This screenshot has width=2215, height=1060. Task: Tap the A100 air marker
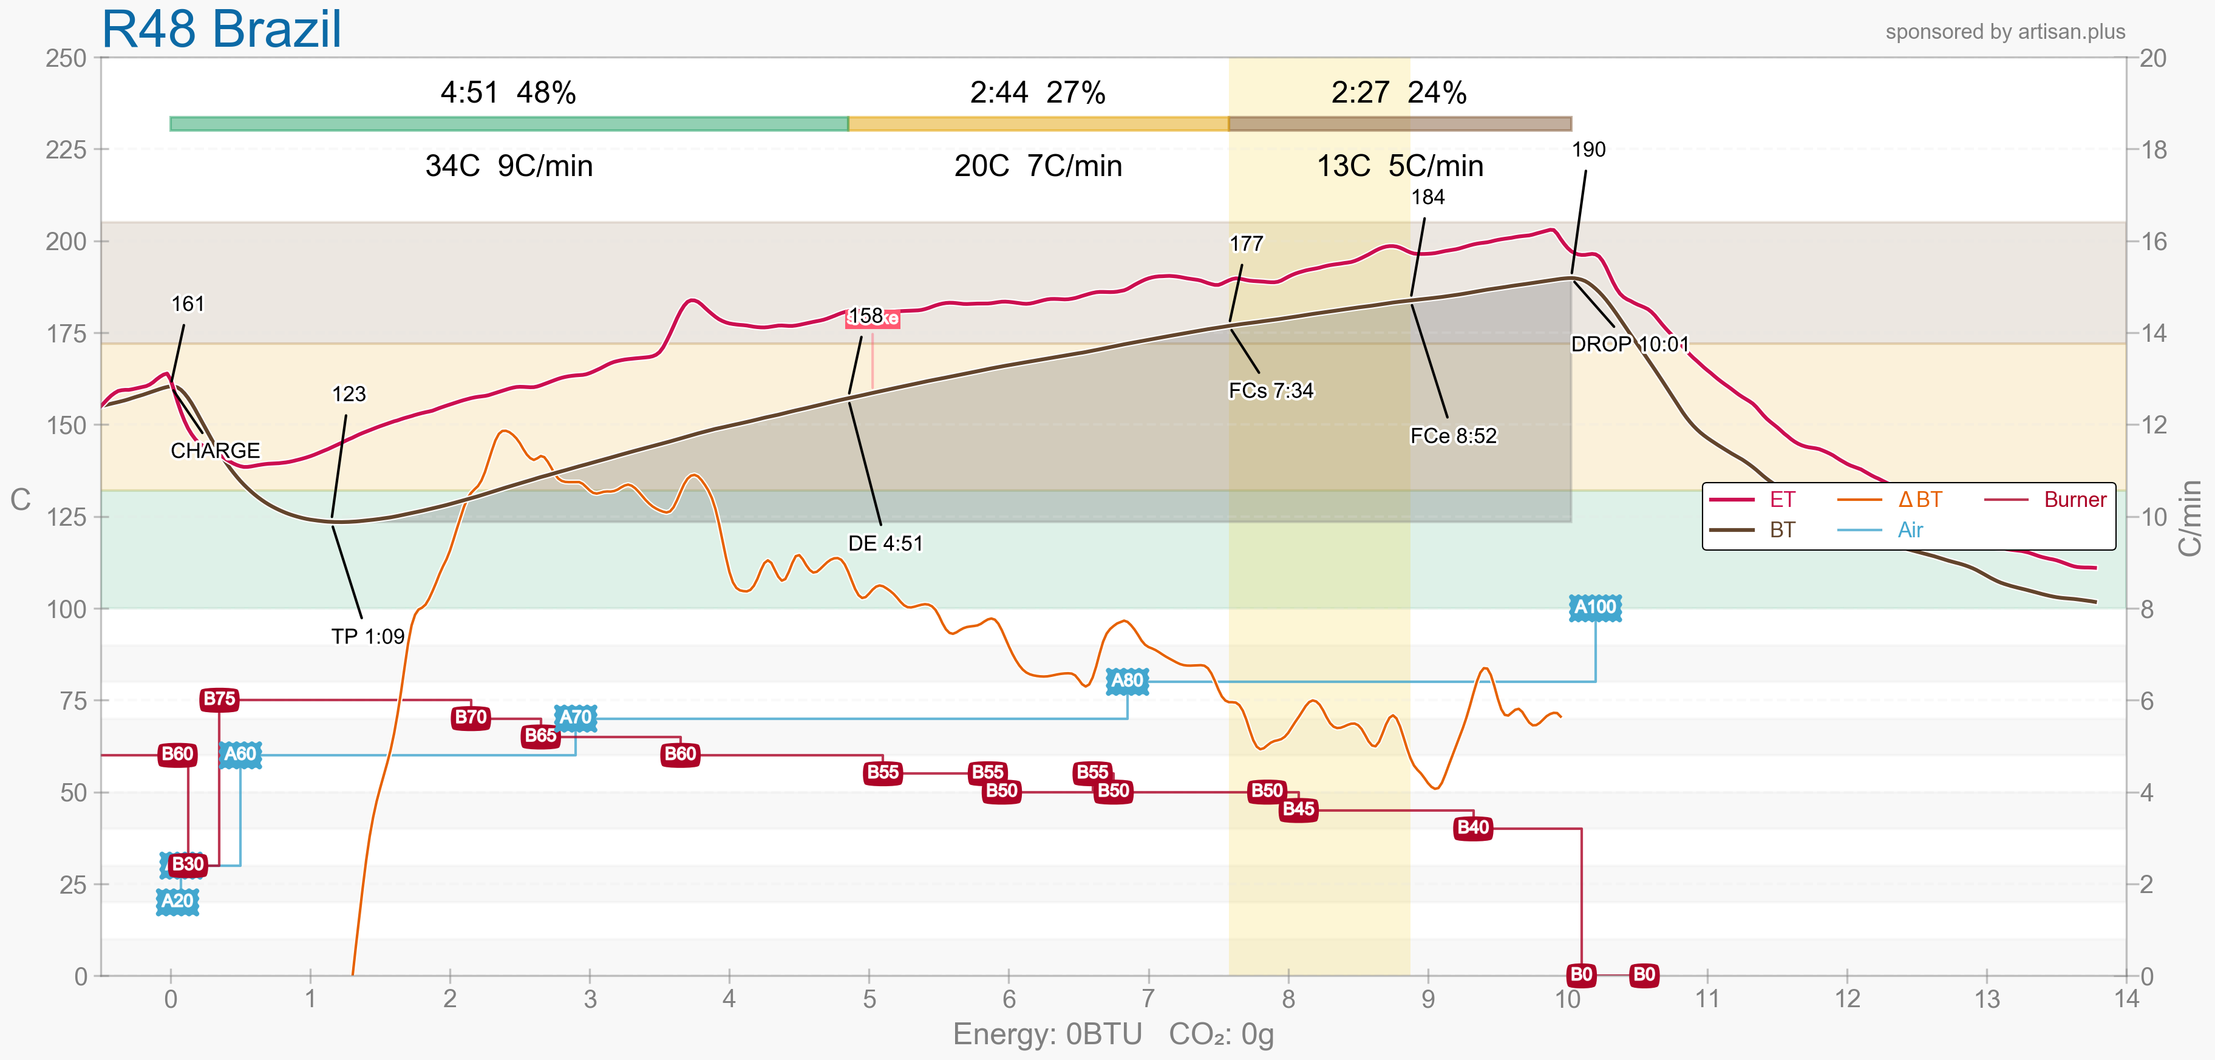point(1595,608)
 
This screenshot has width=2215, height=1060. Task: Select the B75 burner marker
point(219,699)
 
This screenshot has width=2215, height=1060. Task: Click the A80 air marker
point(1128,681)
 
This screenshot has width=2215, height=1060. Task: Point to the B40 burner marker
point(1473,828)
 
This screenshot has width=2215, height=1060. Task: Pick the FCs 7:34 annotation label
point(1271,391)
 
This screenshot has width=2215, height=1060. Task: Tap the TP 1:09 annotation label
point(368,637)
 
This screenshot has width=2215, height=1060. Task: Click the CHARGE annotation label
point(215,450)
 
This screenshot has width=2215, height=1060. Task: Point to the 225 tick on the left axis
point(66,149)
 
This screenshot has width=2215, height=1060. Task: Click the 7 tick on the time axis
point(1148,999)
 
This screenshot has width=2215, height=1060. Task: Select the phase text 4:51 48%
point(508,92)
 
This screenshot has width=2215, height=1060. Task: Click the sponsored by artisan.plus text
point(2005,32)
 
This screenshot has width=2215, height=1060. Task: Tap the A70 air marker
point(575,717)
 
